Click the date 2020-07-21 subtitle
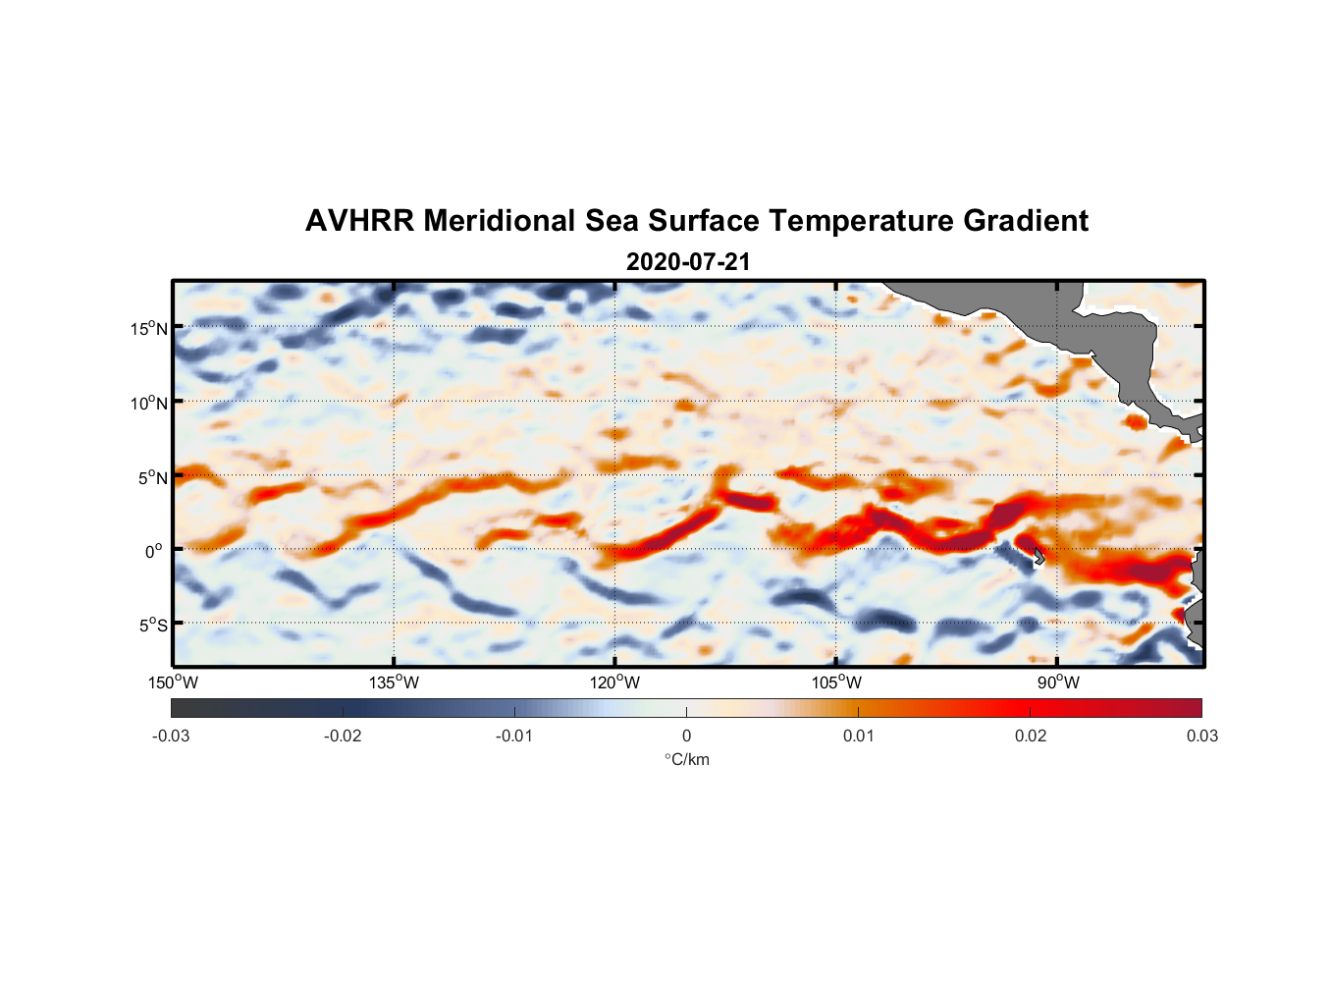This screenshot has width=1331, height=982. pos(688,262)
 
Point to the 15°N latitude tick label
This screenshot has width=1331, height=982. pos(148,328)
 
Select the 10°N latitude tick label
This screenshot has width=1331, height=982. pos(148,403)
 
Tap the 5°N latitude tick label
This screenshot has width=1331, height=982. pos(151,477)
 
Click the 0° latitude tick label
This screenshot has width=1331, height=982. pos(154,551)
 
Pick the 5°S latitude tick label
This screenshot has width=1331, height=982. pos(151,625)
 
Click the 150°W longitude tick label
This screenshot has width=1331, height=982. pos(174,682)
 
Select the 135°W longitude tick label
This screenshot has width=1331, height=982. pos(395,682)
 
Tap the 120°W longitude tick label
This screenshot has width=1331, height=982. pos(615,682)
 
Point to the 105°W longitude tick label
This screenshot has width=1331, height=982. pos(837,682)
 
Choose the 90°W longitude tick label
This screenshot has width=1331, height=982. pos(1058,682)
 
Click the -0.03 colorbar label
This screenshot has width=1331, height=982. pos(171,736)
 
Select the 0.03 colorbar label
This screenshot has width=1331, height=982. pos(1202,736)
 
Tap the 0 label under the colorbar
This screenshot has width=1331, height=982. pos(686,736)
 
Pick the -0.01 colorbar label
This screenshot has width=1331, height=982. pos(514,736)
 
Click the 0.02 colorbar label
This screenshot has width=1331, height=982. pos(1031,736)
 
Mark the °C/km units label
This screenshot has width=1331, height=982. pos(686,759)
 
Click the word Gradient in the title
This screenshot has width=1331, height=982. pos(1026,221)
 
